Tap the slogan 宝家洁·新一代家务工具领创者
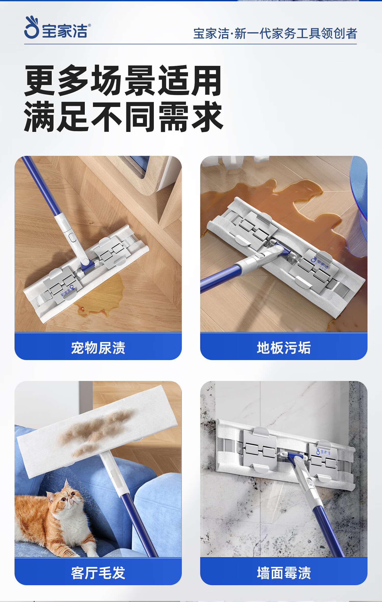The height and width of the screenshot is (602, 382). click(x=275, y=34)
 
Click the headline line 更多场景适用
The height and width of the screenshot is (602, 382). click(x=123, y=80)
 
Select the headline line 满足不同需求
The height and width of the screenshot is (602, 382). click(x=124, y=117)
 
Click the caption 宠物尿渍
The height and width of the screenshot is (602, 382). click(x=98, y=348)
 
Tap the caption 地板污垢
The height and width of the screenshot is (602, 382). click(x=284, y=348)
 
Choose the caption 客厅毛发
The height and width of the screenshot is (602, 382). click(x=98, y=573)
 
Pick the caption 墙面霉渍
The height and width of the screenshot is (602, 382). click(x=284, y=573)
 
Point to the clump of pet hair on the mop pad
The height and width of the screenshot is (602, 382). click(x=97, y=430)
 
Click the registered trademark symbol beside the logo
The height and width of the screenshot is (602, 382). click(x=89, y=25)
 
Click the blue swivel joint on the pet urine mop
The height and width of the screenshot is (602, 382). click(x=88, y=266)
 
